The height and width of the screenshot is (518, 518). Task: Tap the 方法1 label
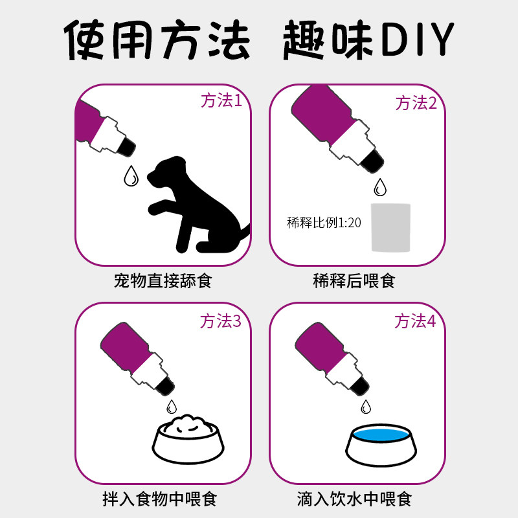coord(221,100)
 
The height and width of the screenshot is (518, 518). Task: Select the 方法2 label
coord(416,103)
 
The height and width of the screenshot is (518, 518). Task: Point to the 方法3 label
coord(221,321)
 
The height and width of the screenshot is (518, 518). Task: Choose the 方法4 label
coord(415,321)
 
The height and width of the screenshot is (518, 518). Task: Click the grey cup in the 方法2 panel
coord(391,228)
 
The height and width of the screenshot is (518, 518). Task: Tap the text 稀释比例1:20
coord(324,223)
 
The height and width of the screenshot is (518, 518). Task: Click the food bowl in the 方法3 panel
coord(188,440)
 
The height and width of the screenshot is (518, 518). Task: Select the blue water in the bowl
coord(381,434)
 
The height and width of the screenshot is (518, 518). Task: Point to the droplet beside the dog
coord(131,176)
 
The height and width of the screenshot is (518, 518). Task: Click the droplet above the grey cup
coord(380,187)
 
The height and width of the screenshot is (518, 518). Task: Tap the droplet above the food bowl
coord(172,407)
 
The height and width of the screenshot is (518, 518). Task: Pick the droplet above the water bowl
coord(366,407)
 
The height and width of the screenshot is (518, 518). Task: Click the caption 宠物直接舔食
coord(163,281)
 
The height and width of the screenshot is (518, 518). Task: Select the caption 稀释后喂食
coord(354,281)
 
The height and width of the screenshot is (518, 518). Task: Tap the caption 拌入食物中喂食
coord(159,499)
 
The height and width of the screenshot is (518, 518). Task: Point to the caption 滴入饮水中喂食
coord(354,499)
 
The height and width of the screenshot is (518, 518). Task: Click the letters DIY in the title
coord(418,39)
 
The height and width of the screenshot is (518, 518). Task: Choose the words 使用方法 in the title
coord(157,39)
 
